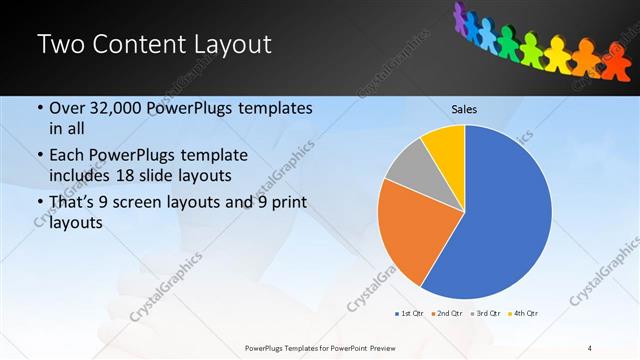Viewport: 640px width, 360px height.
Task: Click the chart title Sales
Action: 464,108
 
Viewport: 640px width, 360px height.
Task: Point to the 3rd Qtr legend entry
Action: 487,314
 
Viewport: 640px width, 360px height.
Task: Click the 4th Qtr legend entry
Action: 525,314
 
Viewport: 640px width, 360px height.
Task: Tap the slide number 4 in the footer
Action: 590,348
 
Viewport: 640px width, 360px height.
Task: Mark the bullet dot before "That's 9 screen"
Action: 39,202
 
